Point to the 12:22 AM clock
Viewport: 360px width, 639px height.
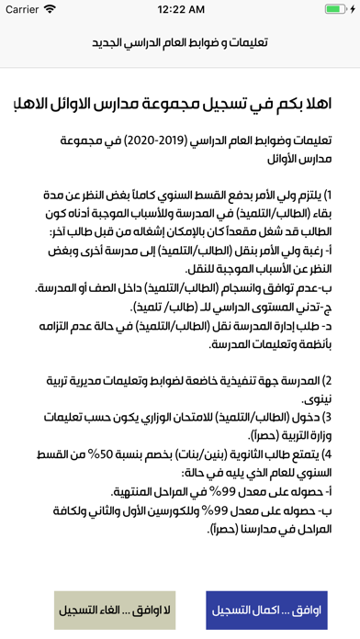[180, 9]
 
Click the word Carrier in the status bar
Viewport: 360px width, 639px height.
[25, 9]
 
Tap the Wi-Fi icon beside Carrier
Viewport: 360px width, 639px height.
[59, 9]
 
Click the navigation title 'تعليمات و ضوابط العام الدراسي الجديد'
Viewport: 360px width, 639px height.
[180, 43]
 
